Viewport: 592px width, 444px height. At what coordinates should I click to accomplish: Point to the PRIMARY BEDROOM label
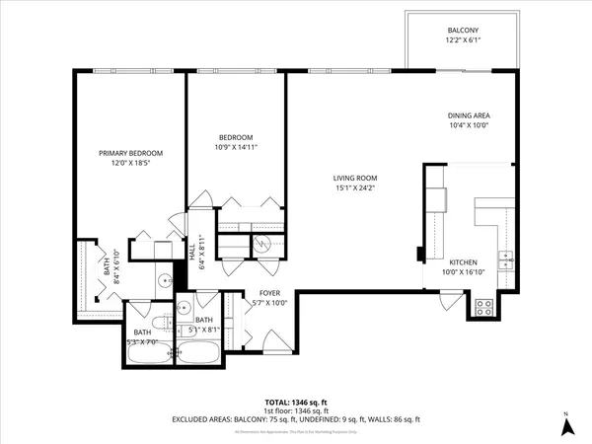coord(130,153)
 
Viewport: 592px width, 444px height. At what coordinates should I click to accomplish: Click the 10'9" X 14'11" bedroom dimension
coord(236,147)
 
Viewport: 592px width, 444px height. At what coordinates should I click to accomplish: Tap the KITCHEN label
coord(464,262)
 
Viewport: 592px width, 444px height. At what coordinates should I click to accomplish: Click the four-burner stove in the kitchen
coord(484,306)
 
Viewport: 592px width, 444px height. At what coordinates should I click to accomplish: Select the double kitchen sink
coord(506,261)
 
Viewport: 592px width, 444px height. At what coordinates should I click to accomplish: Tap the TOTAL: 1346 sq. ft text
coord(296,403)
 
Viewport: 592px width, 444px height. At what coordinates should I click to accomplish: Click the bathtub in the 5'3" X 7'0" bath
coord(148,350)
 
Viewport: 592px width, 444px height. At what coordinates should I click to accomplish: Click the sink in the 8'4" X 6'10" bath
coord(164,279)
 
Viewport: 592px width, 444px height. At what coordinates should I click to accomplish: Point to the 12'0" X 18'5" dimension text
coord(130,163)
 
